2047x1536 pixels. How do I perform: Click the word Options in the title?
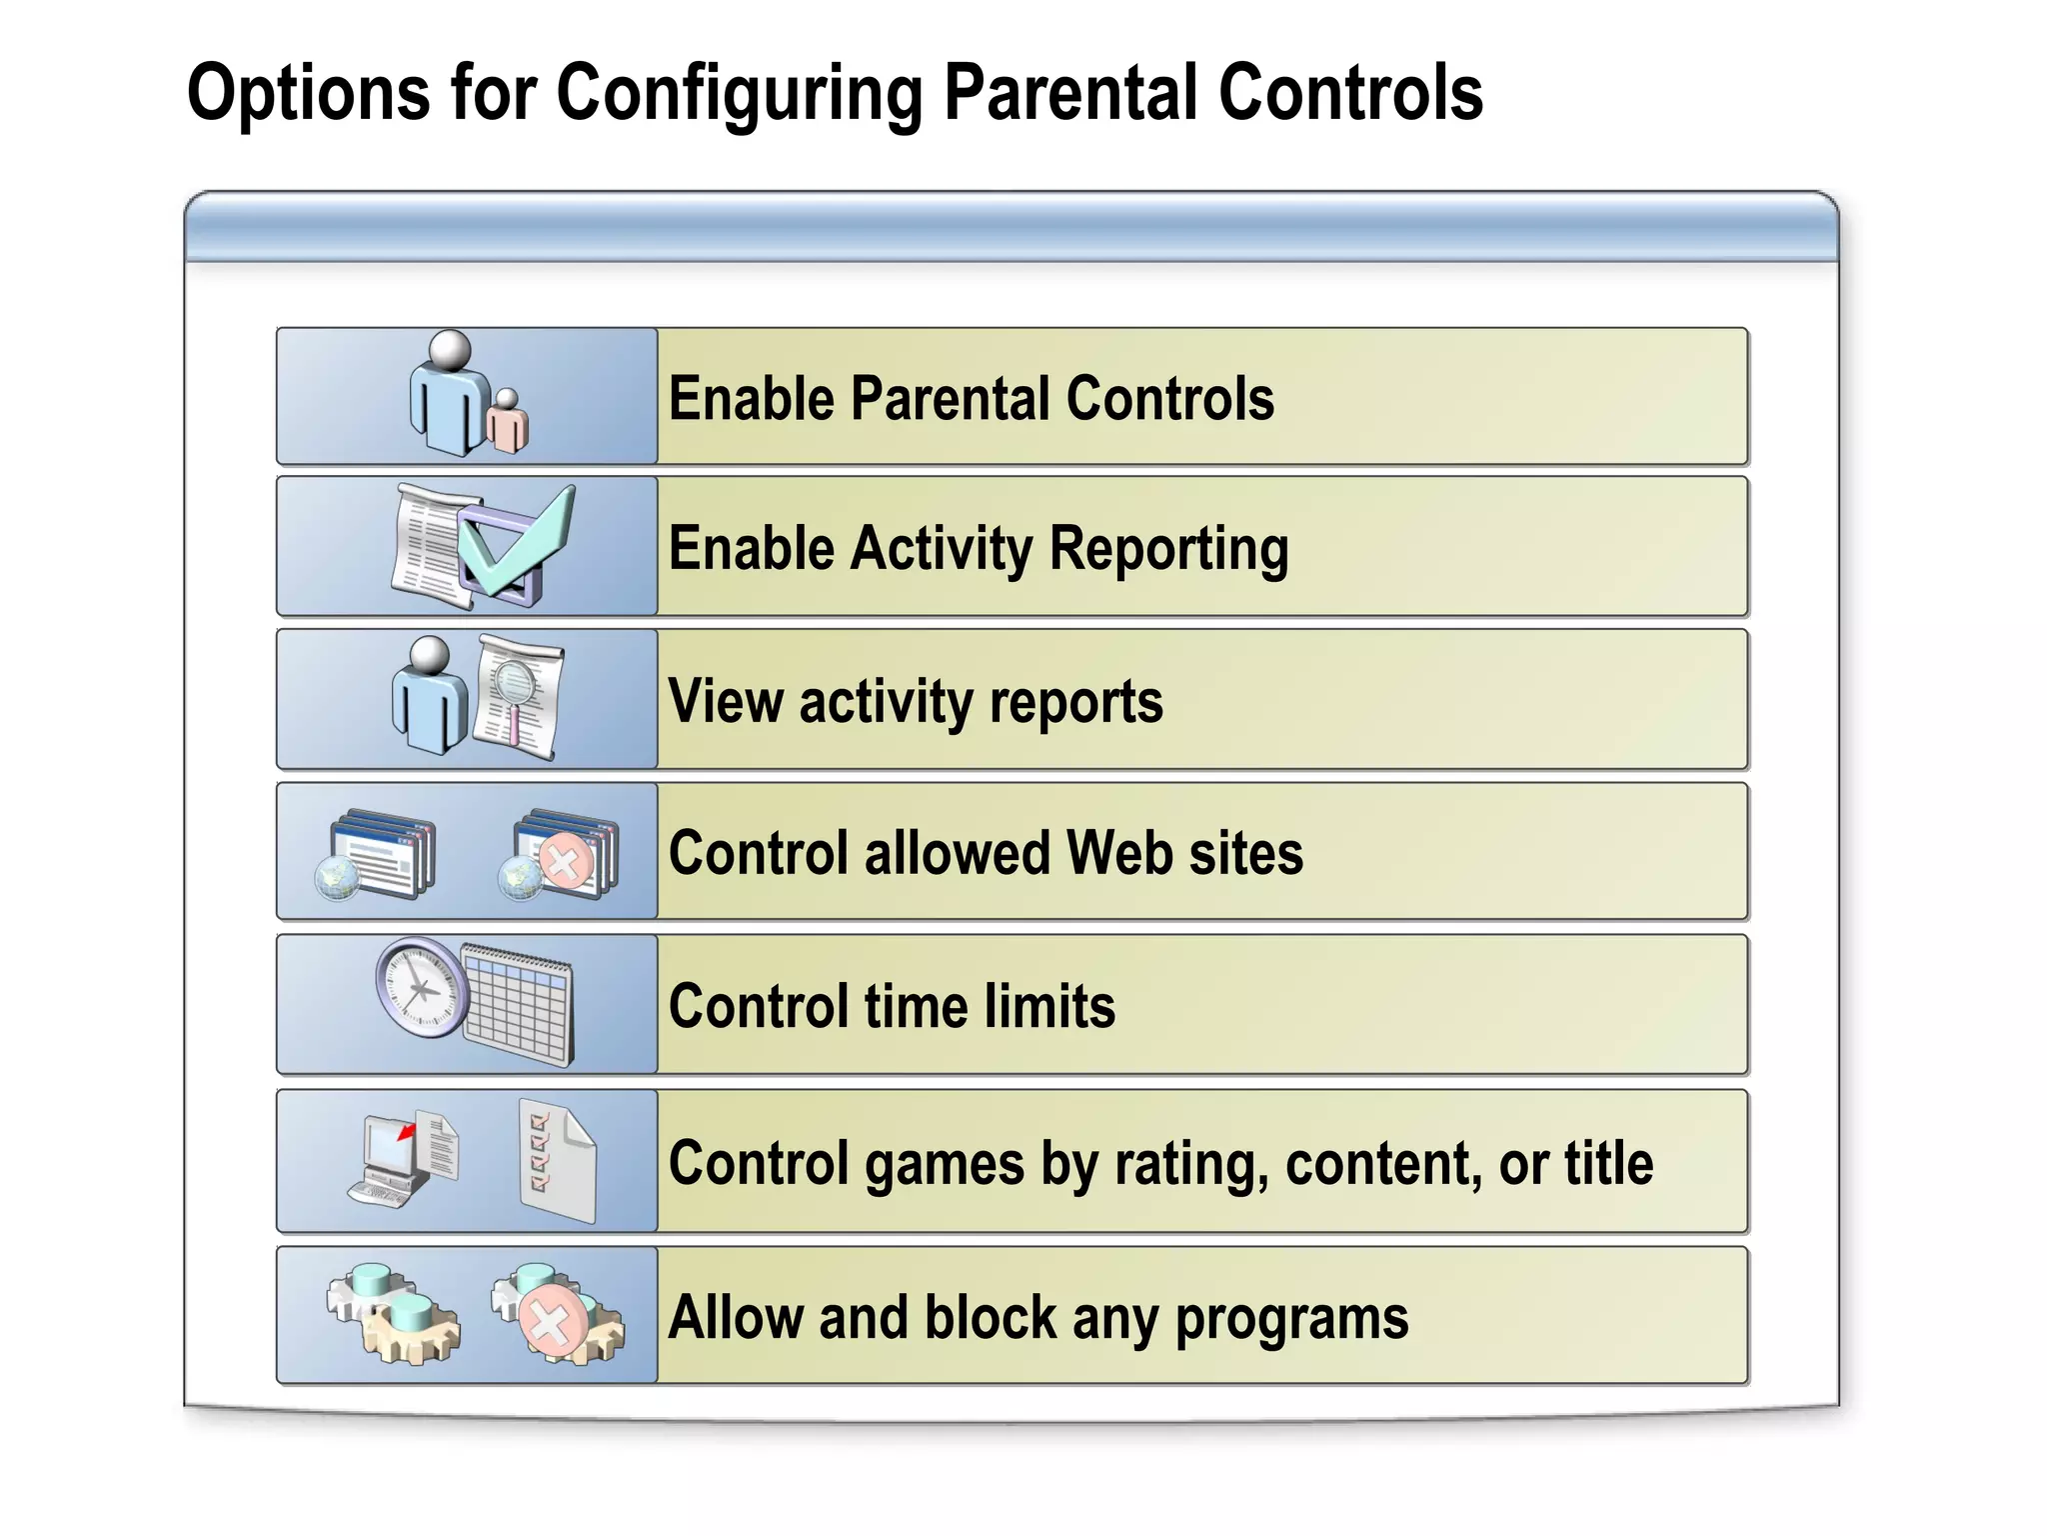[x=309, y=93]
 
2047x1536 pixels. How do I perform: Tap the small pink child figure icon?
[x=508, y=420]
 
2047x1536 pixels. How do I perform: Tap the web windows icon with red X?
[x=560, y=856]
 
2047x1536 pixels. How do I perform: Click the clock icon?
[x=422, y=987]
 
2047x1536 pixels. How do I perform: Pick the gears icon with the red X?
[x=556, y=1314]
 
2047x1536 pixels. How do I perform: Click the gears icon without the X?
[x=393, y=1312]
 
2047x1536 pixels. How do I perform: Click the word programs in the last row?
[x=1290, y=1318]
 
